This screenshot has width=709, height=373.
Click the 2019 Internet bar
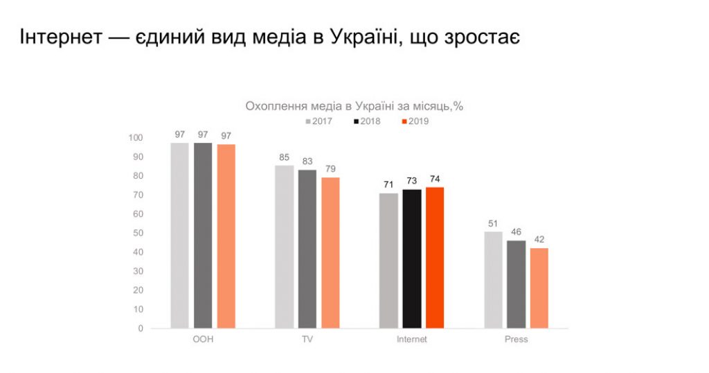(435, 257)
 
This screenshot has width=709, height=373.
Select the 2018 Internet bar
(412, 258)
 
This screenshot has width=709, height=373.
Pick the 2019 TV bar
(331, 252)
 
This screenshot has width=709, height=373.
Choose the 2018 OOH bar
(203, 235)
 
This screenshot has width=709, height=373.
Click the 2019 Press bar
(539, 288)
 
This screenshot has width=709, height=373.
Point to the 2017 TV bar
(284, 246)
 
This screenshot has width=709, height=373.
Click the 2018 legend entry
(367, 121)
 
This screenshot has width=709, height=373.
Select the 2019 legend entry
(415, 121)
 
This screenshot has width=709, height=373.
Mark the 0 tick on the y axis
(140, 328)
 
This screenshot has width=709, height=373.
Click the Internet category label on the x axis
(412, 340)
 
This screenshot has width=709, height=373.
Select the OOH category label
(203, 340)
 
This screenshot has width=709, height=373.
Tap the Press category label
(517, 340)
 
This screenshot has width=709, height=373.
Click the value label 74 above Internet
(435, 179)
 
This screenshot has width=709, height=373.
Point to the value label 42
(539, 239)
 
